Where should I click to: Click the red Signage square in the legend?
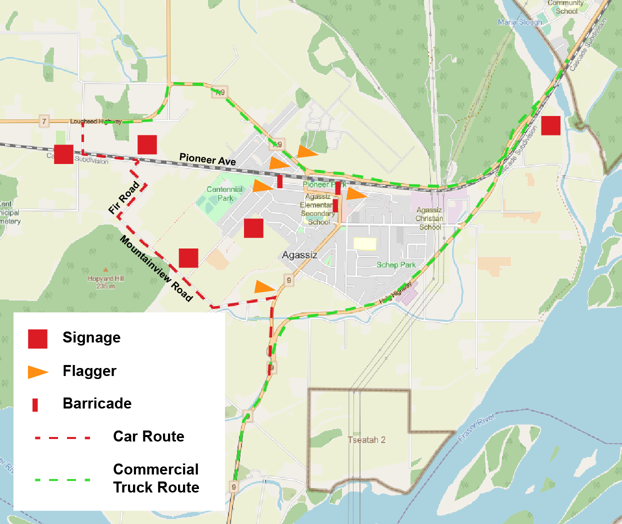(37, 338)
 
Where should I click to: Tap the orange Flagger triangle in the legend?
(37, 372)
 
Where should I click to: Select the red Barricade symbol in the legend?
(35, 404)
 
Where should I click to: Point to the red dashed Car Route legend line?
(63, 438)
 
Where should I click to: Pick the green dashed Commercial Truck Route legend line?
(63, 480)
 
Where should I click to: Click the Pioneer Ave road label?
(207, 159)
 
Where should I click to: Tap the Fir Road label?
(124, 198)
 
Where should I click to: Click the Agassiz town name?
(299, 255)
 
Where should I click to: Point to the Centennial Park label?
(224, 193)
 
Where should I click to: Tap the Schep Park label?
(396, 265)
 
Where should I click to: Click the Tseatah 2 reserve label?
(366, 440)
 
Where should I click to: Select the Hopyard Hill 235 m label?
(105, 282)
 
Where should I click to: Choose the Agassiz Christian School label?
(429, 218)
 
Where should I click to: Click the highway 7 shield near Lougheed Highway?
(44, 121)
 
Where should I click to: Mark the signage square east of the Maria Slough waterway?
(550, 125)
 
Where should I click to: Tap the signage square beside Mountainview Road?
(188, 258)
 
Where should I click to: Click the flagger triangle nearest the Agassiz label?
(264, 287)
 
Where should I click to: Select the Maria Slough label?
(520, 22)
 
